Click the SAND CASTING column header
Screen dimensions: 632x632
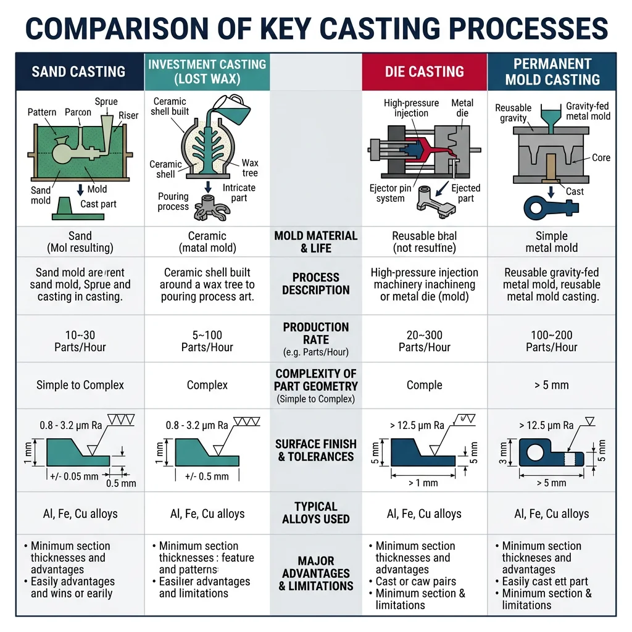[x=78, y=72]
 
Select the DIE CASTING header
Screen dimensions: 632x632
[x=424, y=72]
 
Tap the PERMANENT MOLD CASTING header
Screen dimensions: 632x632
[x=552, y=72]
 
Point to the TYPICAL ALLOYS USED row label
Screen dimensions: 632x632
[x=315, y=513]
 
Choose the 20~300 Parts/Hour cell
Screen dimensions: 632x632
[x=424, y=341]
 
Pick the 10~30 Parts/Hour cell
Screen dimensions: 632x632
[x=80, y=341]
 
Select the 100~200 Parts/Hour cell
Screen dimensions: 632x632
[x=552, y=341]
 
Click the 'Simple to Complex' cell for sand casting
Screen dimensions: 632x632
[x=80, y=385]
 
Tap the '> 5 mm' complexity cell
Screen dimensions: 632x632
[x=552, y=385]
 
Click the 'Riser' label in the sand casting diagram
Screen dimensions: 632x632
[x=128, y=115]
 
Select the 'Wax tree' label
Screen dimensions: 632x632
[x=250, y=168]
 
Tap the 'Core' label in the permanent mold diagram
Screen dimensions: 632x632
[x=601, y=158]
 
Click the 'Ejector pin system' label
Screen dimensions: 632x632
[x=391, y=193]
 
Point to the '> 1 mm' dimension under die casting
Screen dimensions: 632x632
[x=423, y=483]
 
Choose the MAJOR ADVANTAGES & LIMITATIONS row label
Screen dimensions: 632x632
[x=315, y=573]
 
